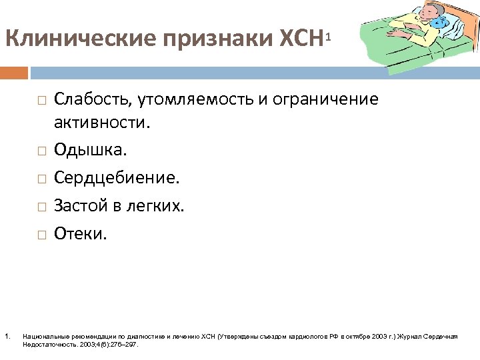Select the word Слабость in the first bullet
click(x=92, y=99)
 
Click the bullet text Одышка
click(x=90, y=150)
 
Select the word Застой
click(x=79, y=206)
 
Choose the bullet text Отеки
click(x=80, y=234)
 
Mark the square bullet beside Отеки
click(x=41, y=235)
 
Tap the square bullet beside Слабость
click(x=41, y=101)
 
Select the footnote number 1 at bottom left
click(x=6, y=335)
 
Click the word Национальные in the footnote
click(x=41, y=336)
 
